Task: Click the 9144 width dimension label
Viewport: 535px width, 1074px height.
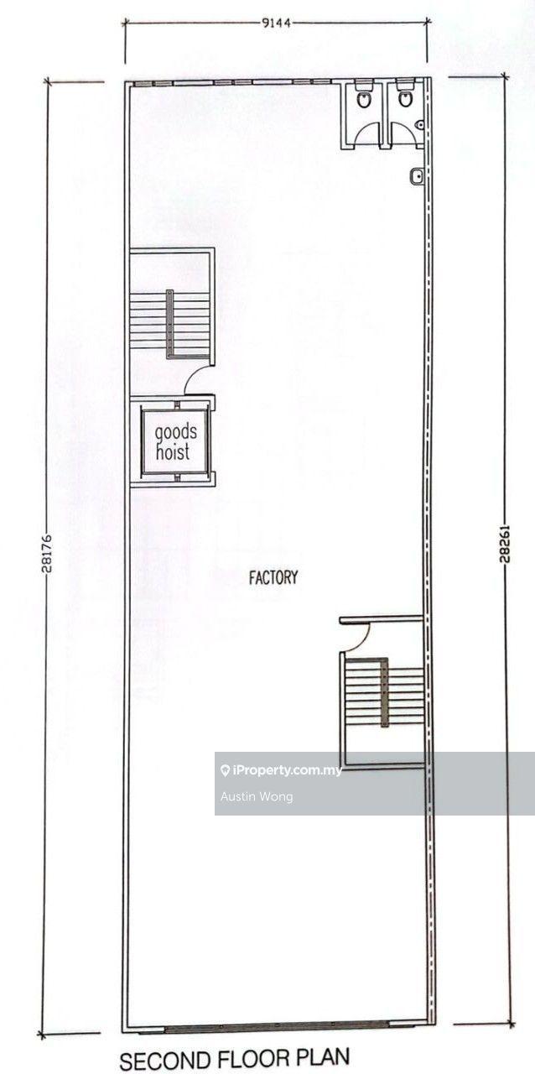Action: point(277,23)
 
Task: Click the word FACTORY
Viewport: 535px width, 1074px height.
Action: point(273,577)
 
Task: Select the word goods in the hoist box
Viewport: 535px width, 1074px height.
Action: point(176,432)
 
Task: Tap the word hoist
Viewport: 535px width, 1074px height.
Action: point(173,451)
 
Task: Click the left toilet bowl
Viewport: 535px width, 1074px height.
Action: point(363,99)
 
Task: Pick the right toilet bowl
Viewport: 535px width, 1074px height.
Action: point(405,99)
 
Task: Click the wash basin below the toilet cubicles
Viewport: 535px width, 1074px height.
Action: point(416,176)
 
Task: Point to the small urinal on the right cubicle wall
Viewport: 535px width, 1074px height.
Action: point(420,125)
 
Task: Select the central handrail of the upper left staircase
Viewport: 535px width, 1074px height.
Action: point(169,324)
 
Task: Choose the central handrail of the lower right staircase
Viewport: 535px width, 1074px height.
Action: point(384,692)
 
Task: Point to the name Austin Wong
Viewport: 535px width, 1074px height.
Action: point(257,797)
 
